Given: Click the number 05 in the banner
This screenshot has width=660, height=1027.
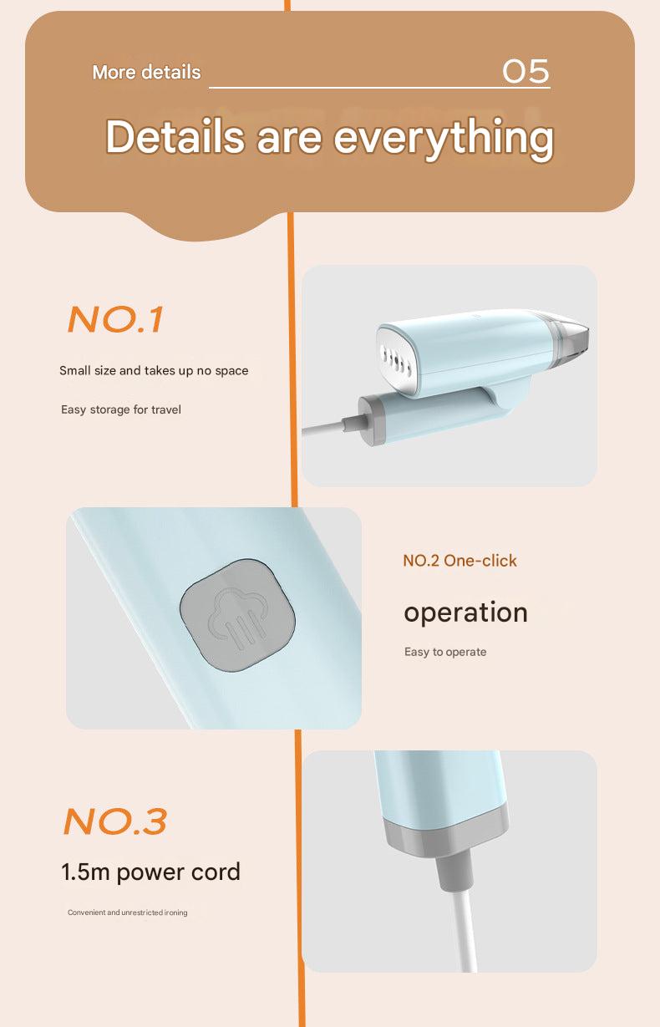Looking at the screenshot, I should click(x=525, y=72).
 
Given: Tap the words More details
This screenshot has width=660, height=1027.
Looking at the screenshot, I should click(x=146, y=73).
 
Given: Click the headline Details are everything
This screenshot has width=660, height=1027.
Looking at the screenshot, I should click(x=329, y=136).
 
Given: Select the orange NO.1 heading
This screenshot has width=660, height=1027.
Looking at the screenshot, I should click(x=115, y=320).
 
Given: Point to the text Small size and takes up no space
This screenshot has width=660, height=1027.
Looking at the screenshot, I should click(x=154, y=370).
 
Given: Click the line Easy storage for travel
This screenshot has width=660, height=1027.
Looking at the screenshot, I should click(x=121, y=409).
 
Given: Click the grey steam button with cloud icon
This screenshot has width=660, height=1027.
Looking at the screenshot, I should click(x=238, y=615).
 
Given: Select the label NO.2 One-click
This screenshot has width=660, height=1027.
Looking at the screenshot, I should click(x=459, y=561).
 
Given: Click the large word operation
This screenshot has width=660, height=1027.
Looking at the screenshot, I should click(x=465, y=612).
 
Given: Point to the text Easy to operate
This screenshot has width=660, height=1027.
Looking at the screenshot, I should click(x=445, y=652).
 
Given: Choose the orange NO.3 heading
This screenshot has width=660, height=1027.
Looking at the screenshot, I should click(x=115, y=821).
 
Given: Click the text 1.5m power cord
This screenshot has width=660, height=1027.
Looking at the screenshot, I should click(x=150, y=872).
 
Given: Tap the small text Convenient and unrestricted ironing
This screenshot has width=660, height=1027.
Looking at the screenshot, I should click(x=127, y=913).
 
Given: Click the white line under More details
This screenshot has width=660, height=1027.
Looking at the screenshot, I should click(x=379, y=87).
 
